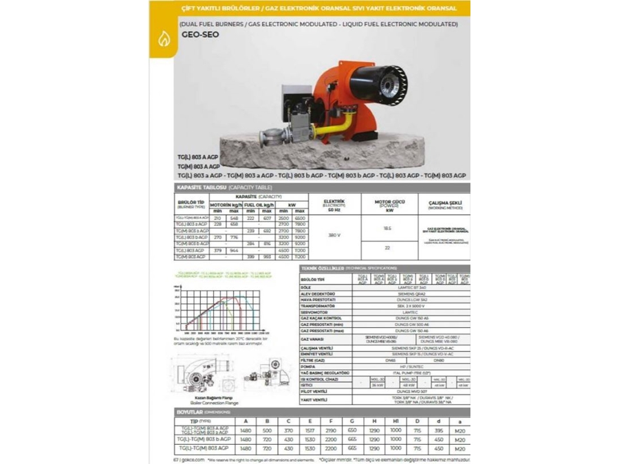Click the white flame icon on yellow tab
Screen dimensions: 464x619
click(x=164, y=39)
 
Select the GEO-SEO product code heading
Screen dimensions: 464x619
click(x=200, y=34)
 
